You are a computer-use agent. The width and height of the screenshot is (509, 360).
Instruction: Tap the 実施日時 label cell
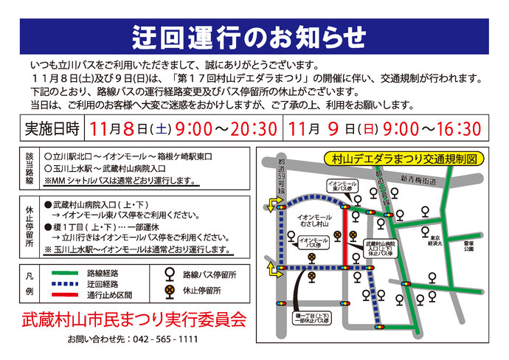[x=52, y=129]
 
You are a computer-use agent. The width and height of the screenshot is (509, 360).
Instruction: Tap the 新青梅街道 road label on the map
[x=418, y=179]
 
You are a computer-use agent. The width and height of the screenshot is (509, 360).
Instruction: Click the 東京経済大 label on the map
[x=436, y=240]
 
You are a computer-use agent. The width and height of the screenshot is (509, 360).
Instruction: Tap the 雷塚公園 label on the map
[x=468, y=246]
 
